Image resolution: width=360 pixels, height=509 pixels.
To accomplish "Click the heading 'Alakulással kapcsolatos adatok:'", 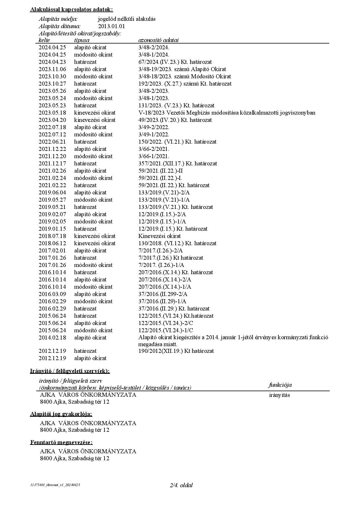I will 71,10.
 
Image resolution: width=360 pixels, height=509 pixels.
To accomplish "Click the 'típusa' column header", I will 82,40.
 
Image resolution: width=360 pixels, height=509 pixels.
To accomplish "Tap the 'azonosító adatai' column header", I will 158,40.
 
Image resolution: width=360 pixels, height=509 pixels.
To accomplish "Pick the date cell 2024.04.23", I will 52,62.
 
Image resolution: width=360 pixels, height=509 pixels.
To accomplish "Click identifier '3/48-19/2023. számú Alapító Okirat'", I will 182,69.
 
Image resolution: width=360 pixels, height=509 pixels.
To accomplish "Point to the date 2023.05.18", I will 52,113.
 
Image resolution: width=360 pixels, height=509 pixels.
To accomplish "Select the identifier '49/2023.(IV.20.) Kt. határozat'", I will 175,120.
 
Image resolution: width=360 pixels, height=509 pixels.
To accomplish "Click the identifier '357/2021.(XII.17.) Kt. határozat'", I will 177,164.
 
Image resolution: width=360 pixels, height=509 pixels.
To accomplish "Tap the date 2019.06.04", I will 52,193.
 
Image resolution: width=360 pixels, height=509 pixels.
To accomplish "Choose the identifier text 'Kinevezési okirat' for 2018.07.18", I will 159,236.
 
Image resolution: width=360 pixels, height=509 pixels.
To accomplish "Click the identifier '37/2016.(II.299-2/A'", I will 163,294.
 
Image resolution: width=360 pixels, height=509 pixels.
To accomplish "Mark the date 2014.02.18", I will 52,338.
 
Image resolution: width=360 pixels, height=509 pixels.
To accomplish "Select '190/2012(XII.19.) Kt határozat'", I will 176,351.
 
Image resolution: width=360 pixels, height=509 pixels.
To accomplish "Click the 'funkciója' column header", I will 280,385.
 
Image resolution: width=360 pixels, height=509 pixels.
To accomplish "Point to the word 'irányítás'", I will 279,395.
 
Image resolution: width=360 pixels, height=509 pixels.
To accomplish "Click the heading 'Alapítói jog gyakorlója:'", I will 61,414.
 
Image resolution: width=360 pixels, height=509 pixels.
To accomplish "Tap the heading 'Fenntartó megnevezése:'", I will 61,443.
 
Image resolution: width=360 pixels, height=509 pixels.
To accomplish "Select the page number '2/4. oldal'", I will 181,485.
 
